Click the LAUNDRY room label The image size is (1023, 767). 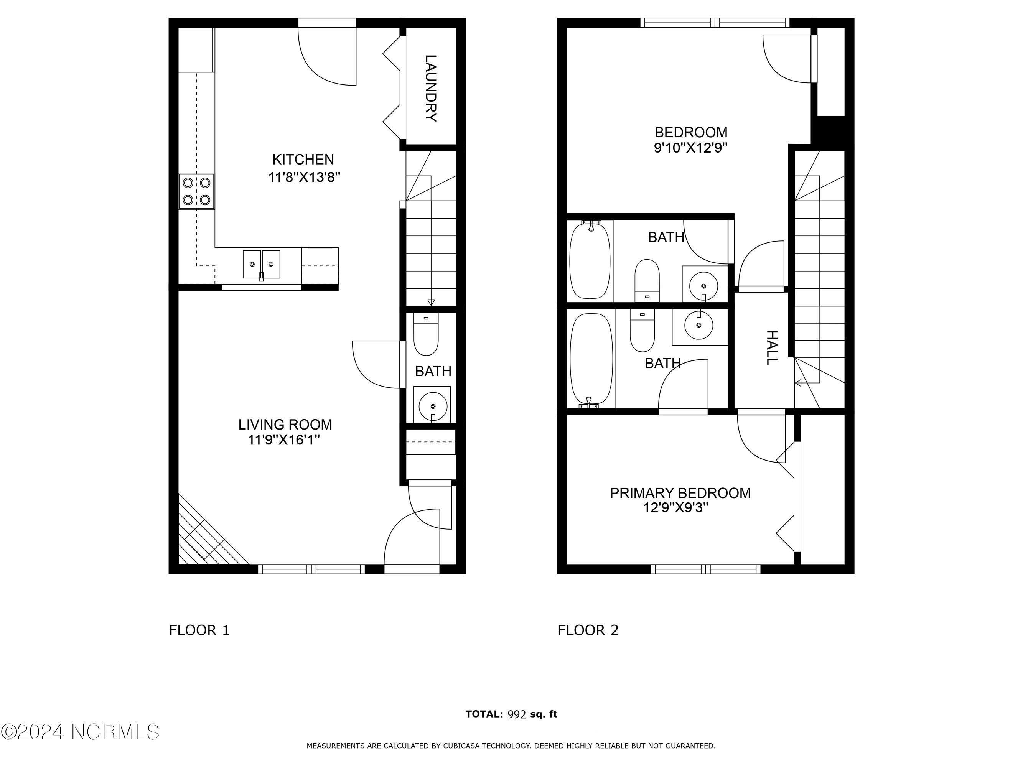[x=431, y=88]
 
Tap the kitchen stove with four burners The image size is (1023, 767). [x=196, y=191]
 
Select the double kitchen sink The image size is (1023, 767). [x=261, y=265]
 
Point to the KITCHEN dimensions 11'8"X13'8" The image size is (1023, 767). [x=304, y=177]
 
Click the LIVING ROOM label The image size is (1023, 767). [x=285, y=425]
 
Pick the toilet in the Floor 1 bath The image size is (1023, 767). [x=425, y=334]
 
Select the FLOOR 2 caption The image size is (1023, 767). [x=588, y=630]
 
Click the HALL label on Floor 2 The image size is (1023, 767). [x=772, y=348]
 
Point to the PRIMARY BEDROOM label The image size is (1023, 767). [x=680, y=493]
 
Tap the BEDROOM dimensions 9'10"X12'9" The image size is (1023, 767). [x=691, y=148]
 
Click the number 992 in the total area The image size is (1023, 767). [x=517, y=714]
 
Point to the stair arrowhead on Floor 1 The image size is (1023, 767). [x=431, y=302]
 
